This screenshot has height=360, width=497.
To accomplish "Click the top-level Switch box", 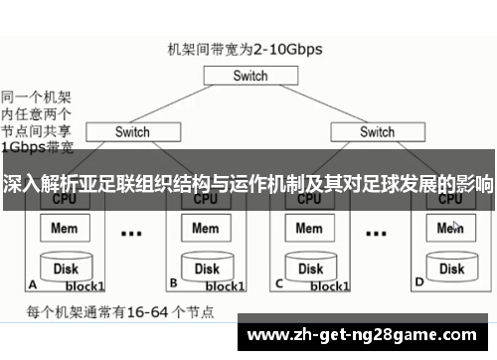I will pyautogui.click(x=250, y=76).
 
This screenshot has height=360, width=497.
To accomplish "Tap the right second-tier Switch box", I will pyautogui.click(x=377, y=131).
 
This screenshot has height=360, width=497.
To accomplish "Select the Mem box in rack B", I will pyautogui.click(x=205, y=229).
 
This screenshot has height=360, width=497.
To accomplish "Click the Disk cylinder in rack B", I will pyautogui.click(x=206, y=267).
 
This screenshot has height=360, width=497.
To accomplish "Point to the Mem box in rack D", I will pyautogui.click(x=450, y=229).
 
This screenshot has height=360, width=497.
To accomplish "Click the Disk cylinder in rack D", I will pyautogui.click(x=451, y=267).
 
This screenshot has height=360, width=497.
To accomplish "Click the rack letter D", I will pyautogui.click(x=418, y=282).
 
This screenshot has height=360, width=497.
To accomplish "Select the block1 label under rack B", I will pyautogui.click(x=225, y=286).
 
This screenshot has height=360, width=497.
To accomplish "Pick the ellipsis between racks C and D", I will pyautogui.click(x=377, y=235).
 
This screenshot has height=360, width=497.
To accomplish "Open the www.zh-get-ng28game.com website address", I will pyautogui.click(x=367, y=335).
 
